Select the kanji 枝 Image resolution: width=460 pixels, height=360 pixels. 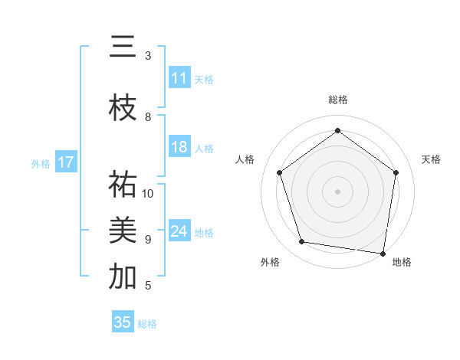[x=123, y=109]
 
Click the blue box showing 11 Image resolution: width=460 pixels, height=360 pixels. [x=179, y=78]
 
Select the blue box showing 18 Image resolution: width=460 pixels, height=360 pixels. [x=179, y=148]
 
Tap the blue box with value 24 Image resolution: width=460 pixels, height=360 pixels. [x=179, y=231]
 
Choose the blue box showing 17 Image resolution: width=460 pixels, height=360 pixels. [x=66, y=162]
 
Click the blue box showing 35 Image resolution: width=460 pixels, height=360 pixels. [x=123, y=322]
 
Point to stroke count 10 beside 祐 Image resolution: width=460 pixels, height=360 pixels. [x=149, y=193]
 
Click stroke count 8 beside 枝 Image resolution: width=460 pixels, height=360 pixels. [x=149, y=117]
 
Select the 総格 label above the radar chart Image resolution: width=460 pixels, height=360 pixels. [x=337, y=100]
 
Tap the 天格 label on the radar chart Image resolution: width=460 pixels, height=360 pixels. [x=431, y=159]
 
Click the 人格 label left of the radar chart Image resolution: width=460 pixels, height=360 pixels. [x=245, y=159]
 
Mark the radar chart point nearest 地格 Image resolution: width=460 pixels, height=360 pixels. [x=383, y=253]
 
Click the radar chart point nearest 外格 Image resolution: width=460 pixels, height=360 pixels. [x=302, y=242]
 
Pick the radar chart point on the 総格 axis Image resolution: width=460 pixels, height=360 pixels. [x=337, y=131]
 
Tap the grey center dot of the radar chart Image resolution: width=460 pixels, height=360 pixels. [x=337, y=191]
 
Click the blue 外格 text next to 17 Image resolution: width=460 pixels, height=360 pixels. [x=41, y=163]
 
